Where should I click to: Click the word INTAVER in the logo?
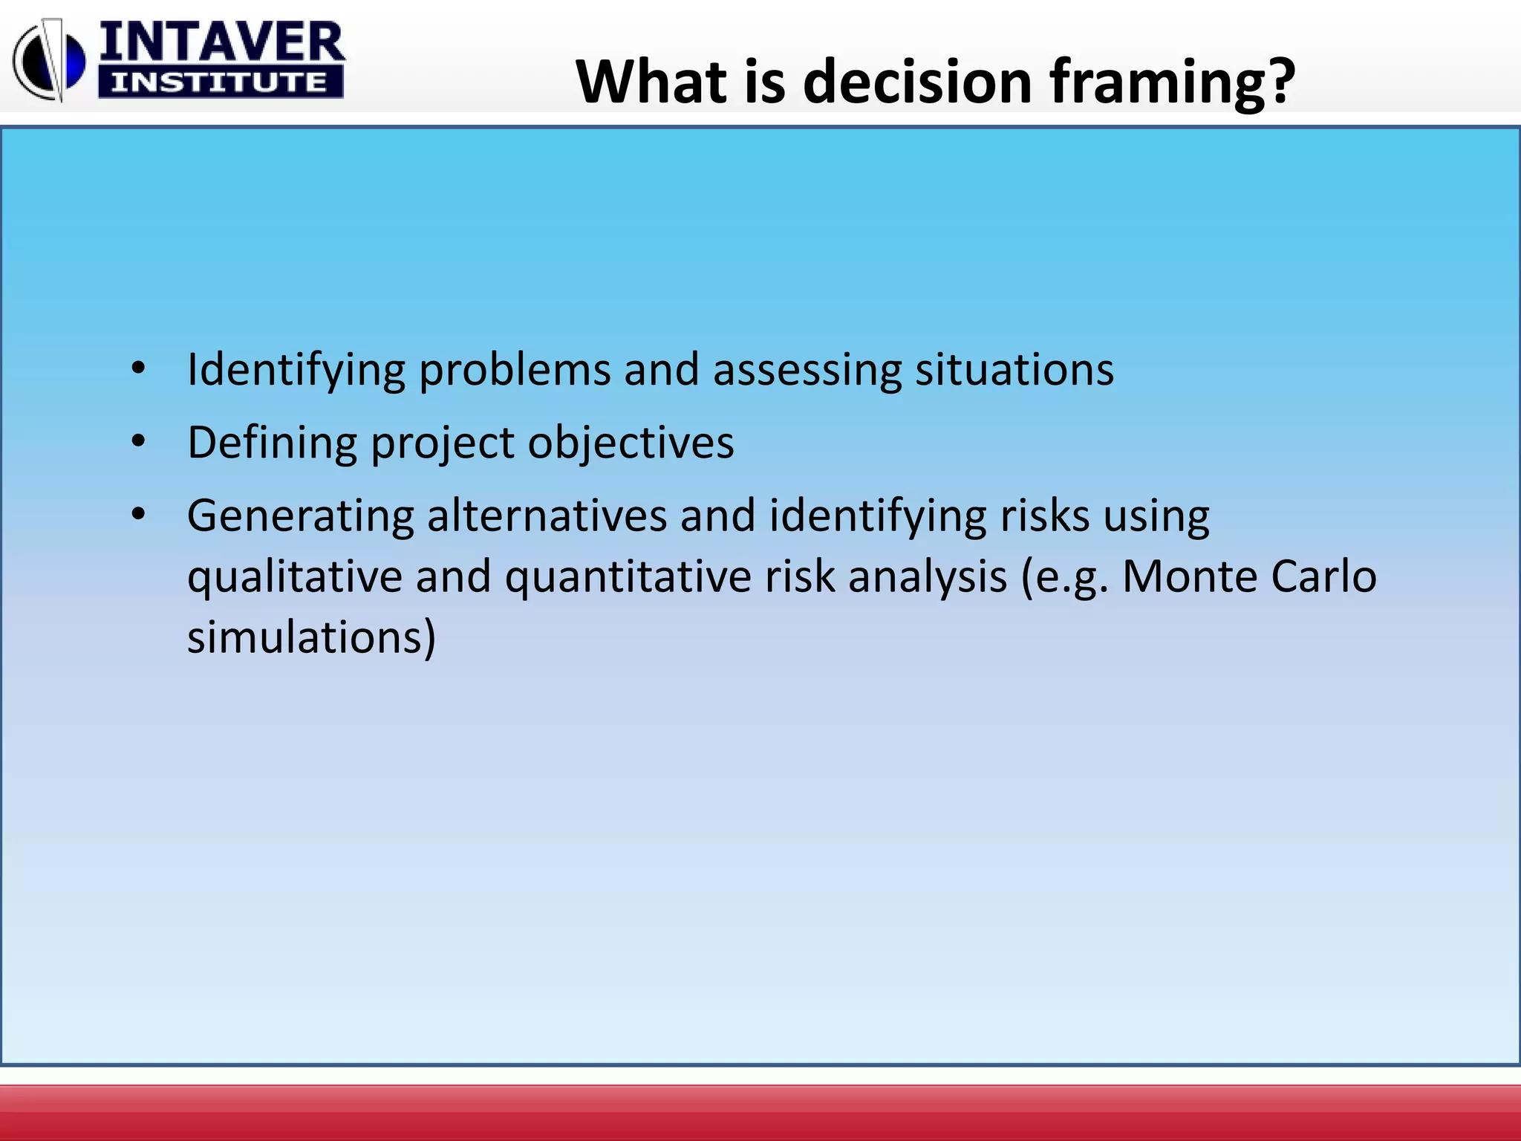coord(221,42)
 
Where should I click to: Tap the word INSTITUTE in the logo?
coord(220,82)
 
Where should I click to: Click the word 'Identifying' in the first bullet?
coord(296,371)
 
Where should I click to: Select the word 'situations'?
coord(1014,369)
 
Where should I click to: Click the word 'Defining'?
coord(272,443)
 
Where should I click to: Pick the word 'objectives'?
coord(631,443)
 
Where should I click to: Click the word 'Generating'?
coord(300,516)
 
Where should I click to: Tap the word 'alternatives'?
coord(547,515)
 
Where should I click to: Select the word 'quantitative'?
coord(628,577)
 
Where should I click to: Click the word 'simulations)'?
coord(311,637)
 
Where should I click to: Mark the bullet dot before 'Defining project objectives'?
coord(138,442)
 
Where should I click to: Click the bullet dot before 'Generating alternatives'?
coord(138,514)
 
